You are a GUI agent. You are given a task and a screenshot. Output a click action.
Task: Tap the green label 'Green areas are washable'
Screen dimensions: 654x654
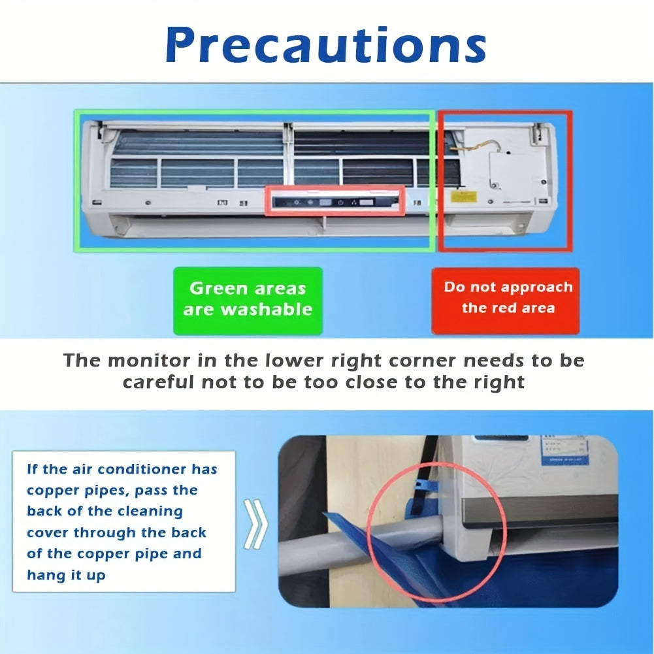[x=248, y=299]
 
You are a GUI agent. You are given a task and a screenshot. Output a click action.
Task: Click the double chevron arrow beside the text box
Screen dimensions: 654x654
[x=255, y=523]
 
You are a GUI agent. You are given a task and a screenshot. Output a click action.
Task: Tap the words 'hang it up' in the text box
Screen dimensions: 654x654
[x=65, y=575]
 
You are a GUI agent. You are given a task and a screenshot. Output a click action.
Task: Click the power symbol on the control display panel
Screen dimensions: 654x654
[x=340, y=203]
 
